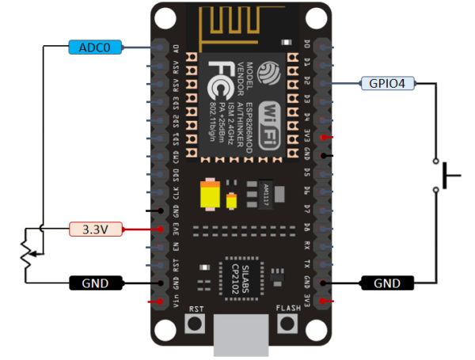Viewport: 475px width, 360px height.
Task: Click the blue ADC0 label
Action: pyautogui.click(x=95, y=47)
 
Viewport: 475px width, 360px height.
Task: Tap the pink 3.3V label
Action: pyautogui.click(x=95, y=229)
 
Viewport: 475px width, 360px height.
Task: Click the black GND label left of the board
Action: pyautogui.click(x=95, y=282)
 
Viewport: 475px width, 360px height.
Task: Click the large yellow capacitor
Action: pyautogui.click(x=210, y=194)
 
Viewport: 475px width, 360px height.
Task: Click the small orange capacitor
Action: pyautogui.click(x=231, y=199)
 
